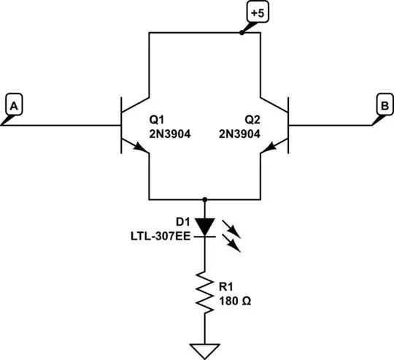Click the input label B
point(382,106)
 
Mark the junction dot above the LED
point(205,199)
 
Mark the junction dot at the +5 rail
point(242,33)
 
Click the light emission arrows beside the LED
point(232,232)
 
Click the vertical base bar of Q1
point(120,126)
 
